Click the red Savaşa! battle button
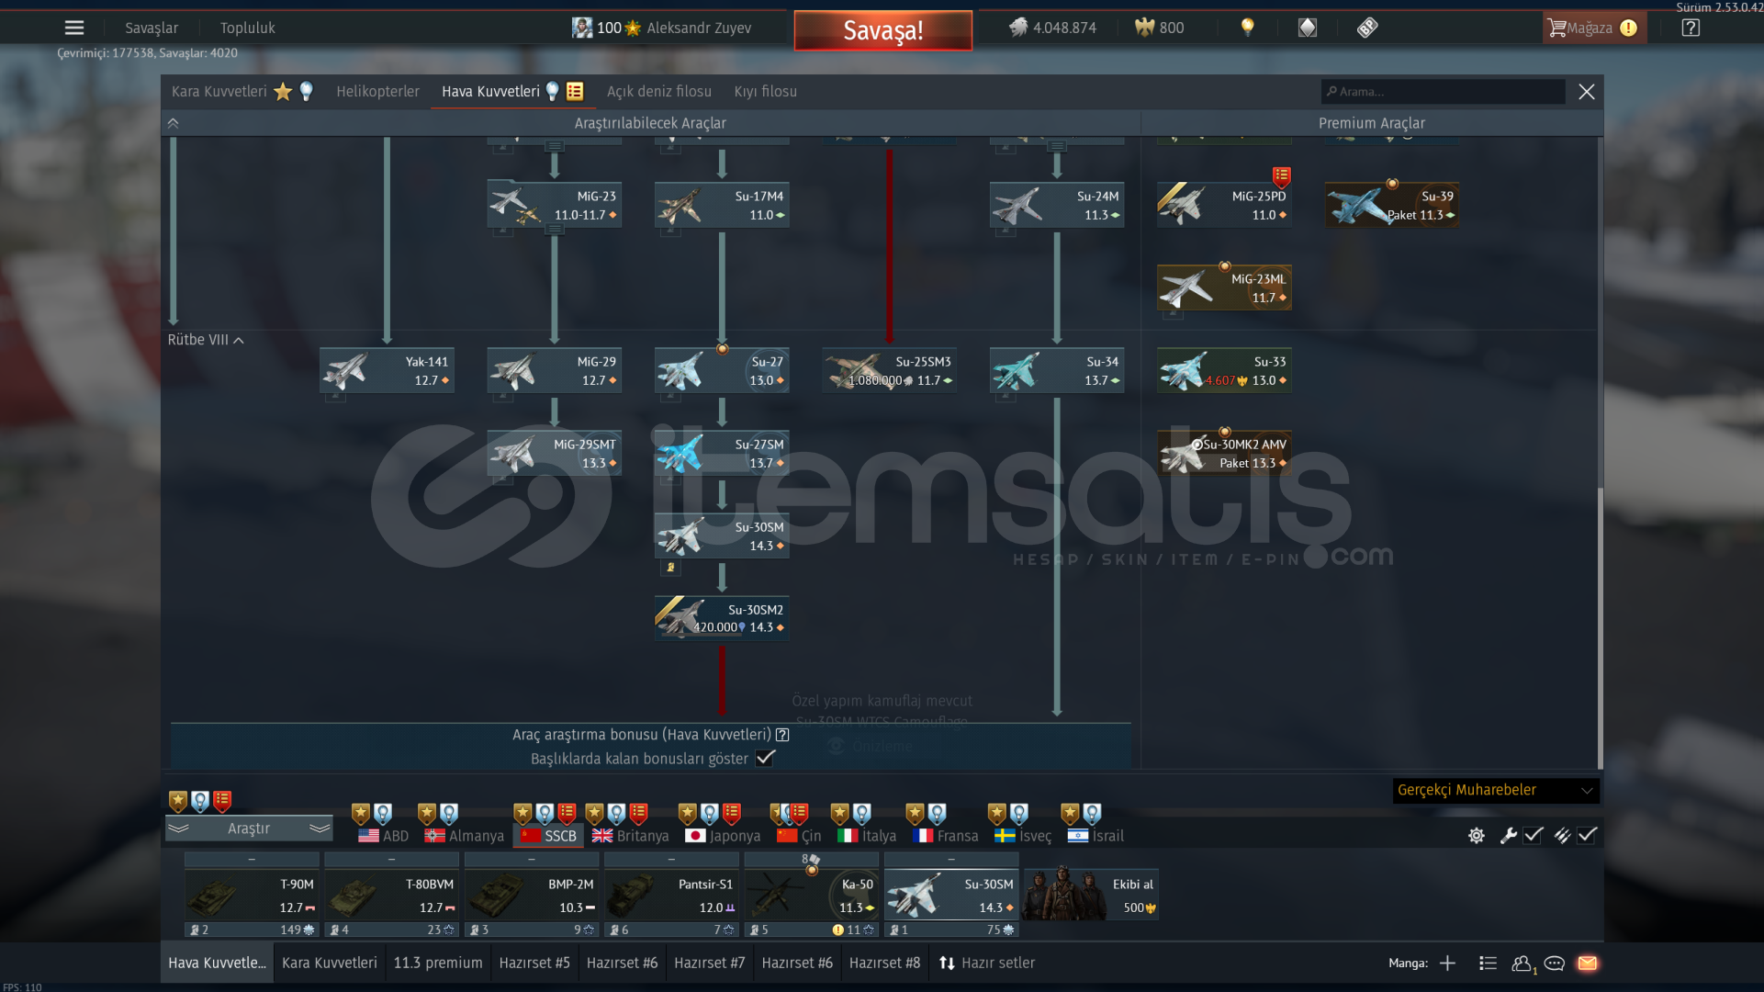[x=882, y=30]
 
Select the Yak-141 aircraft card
[x=387, y=371]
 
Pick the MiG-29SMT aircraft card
[x=554, y=454]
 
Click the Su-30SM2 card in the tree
[x=722, y=618]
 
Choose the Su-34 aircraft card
[x=1057, y=371]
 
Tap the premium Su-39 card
[x=1392, y=205]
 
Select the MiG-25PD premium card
[x=1224, y=205]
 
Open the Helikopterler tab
[x=377, y=92]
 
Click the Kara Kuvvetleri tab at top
[x=219, y=92]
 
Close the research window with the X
[x=1586, y=92]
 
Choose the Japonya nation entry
[x=723, y=836]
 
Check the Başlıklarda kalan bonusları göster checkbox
[x=765, y=759]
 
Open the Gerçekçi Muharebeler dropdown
[x=1495, y=790]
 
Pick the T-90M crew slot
[x=252, y=896]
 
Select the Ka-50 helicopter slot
[x=812, y=896]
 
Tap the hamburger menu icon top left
[x=74, y=28]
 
